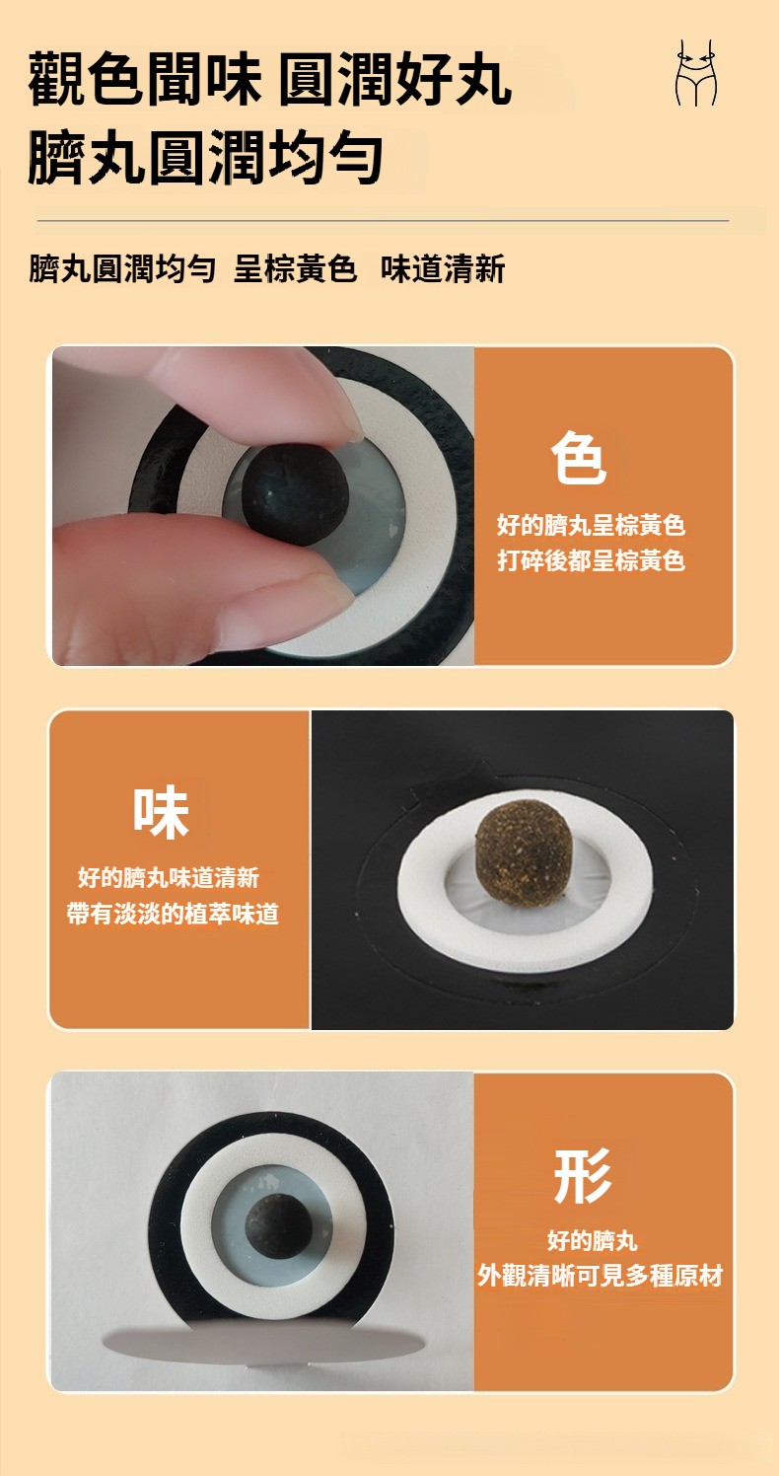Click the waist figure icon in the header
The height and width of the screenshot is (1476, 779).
coord(697,72)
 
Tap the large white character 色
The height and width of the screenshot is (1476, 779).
coord(578,458)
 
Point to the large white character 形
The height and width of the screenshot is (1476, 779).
coord(582,1176)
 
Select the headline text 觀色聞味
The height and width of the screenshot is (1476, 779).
coord(145,80)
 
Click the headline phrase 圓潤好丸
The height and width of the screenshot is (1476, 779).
coord(395,80)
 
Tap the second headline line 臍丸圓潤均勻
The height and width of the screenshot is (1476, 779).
coord(205,157)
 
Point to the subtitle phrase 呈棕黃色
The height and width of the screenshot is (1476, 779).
coord(295,268)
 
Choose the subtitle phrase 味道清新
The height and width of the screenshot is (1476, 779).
coord(443,268)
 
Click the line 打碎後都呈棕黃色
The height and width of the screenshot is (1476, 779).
coord(592,560)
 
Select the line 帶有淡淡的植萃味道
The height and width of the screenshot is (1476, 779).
coord(173,914)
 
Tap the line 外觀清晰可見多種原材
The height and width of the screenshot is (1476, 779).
coord(601,1276)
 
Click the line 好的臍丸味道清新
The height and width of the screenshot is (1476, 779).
coord(169,878)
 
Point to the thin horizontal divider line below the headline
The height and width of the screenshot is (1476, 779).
coord(383,221)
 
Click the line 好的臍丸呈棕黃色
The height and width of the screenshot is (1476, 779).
coord(592,525)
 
